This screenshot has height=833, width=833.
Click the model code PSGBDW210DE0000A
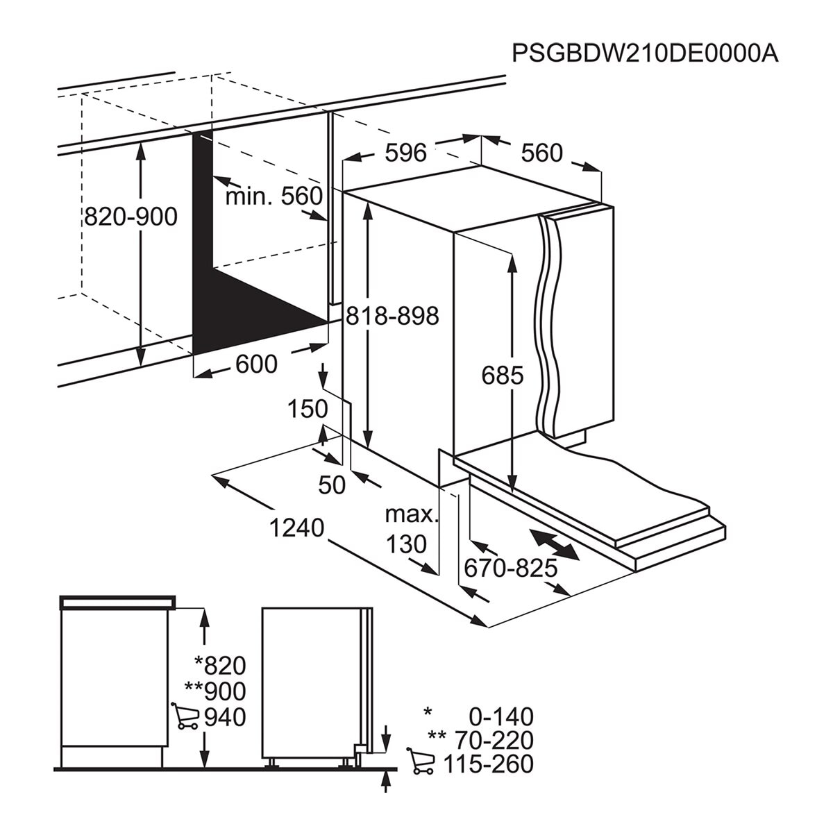pyautogui.click(x=645, y=53)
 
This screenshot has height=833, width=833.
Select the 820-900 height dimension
pyautogui.click(x=131, y=217)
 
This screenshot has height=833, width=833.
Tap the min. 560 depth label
pyautogui.click(x=274, y=196)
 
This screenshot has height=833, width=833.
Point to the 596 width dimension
pyautogui.click(x=405, y=153)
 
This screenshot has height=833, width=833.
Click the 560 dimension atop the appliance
pyautogui.click(x=541, y=153)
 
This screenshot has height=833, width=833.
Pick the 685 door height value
pyautogui.click(x=503, y=376)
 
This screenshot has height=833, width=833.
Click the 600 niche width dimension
pyautogui.click(x=257, y=364)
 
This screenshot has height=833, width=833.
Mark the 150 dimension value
pyautogui.click(x=308, y=409)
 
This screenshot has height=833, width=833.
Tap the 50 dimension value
pyautogui.click(x=332, y=485)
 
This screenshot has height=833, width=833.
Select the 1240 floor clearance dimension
pyautogui.click(x=297, y=528)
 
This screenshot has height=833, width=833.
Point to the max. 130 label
pyautogui.click(x=410, y=529)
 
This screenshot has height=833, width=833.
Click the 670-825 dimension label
pyautogui.click(x=511, y=569)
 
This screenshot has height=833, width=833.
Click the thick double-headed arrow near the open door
pyautogui.click(x=553, y=545)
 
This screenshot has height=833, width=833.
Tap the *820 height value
pyautogui.click(x=220, y=666)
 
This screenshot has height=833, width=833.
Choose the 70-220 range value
pyautogui.click(x=491, y=740)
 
